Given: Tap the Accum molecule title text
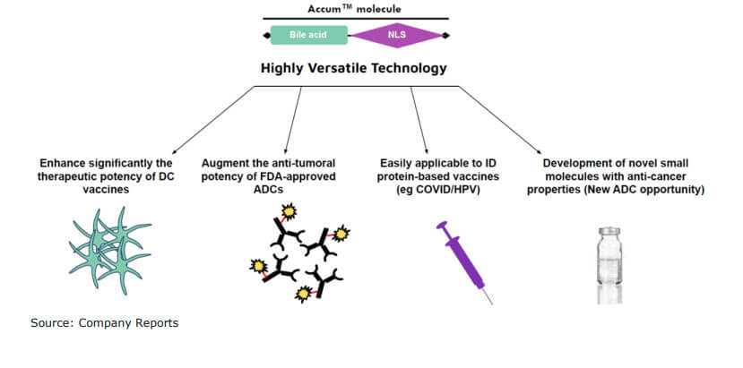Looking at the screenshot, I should [x=354, y=8].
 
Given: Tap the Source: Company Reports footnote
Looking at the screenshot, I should [x=104, y=322].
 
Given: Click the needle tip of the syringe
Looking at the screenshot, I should [x=490, y=303].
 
